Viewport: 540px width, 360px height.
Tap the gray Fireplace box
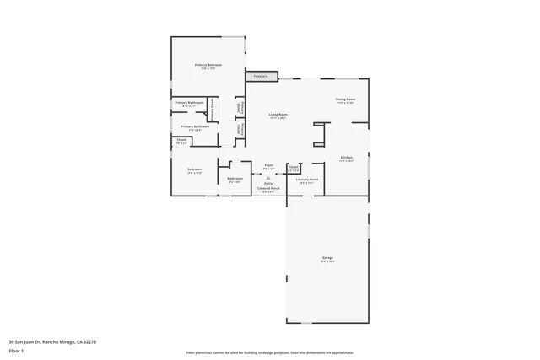click(x=261, y=77)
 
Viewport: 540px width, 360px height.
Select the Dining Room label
click(x=345, y=99)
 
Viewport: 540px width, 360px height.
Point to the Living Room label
click(x=278, y=114)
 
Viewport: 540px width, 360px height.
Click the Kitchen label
click(x=346, y=158)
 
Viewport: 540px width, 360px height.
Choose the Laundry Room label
click(x=307, y=179)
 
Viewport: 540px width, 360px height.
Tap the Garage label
click(x=327, y=257)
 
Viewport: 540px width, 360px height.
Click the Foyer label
click(x=268, y=165)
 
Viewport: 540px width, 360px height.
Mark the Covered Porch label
click(x=268, y=188)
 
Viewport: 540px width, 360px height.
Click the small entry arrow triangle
click(x=268, y=178)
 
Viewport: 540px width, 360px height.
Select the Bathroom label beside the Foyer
click(x=235, y=178)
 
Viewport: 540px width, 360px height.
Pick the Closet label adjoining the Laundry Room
click(x=293, y=167)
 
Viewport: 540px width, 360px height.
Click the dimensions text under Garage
click(x=327, y=261)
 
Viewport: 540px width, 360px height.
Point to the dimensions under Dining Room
click(x=345, y=104)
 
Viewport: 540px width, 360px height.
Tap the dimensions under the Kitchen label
click(x=346, y=162)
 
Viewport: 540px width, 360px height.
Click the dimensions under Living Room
click(x=278, y=118)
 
